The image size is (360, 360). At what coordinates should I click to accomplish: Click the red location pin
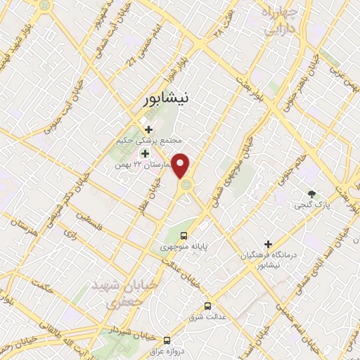pos(181,166)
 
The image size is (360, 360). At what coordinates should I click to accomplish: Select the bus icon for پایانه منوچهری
pos(184,236)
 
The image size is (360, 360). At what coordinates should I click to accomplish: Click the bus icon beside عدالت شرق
pos(207,306)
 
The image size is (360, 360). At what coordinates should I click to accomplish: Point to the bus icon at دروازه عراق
pos(167,340)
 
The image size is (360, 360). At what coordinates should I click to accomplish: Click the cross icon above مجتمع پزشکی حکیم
pos(148,129)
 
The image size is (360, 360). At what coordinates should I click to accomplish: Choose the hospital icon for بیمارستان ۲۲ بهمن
pos(146,153)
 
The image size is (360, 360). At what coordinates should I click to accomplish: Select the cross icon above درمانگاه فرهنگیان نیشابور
pos(268,243)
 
